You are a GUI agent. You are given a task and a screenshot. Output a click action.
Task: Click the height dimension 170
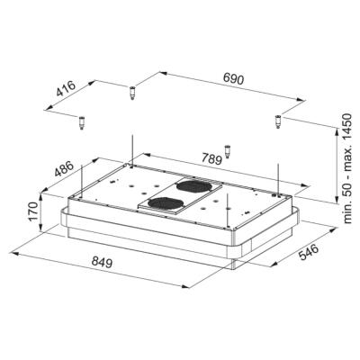(31, 212)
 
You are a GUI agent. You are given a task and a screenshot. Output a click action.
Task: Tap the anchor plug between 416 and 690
(131, 90)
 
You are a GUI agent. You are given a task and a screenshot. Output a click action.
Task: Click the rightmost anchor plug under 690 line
(278, 119)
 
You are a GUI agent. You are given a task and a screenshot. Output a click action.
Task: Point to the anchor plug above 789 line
(227, 150)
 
